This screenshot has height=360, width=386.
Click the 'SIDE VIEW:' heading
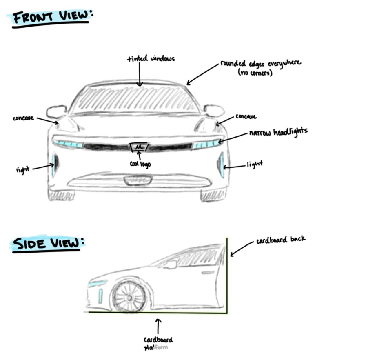pyautogui.click(x=48, y=243)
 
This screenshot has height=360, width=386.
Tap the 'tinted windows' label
pyautogui.click(x=151, y=59)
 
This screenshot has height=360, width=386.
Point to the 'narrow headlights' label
pyautogui.click(x=278, y=132)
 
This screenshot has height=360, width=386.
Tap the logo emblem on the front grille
pyautogui.click(x=139, y=147)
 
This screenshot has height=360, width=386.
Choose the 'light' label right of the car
pyautogui.click(x=255, y=164)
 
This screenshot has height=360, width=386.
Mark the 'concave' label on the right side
pyautogui.click(x=246, y=117)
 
